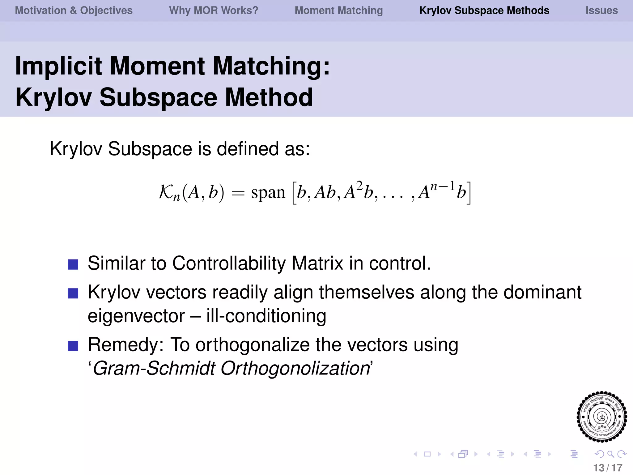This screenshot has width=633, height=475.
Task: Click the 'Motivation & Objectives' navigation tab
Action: [x=74, y=11]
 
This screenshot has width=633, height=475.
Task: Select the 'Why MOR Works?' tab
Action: [x=213, y=11]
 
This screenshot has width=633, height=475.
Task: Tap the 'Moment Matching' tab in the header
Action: [x=338, y=11]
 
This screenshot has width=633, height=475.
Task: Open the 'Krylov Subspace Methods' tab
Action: [x=484, y=11]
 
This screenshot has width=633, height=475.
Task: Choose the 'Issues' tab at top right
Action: [x=601, y=11]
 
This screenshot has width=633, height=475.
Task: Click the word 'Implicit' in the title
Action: [x=58, y=66]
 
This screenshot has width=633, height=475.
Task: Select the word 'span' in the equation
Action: [x=268, y=193]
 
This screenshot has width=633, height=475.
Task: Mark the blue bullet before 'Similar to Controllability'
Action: [x=73, y=264]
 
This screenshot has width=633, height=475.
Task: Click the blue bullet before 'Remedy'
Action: [x=73, y=346]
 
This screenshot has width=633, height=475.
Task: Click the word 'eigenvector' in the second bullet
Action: [x=136, y=316]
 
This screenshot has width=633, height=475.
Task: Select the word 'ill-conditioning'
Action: [x=266, y=316]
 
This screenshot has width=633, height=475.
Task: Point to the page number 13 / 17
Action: [x=608, y=468]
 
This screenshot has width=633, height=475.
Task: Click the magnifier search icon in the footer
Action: [x=610, y=454]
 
